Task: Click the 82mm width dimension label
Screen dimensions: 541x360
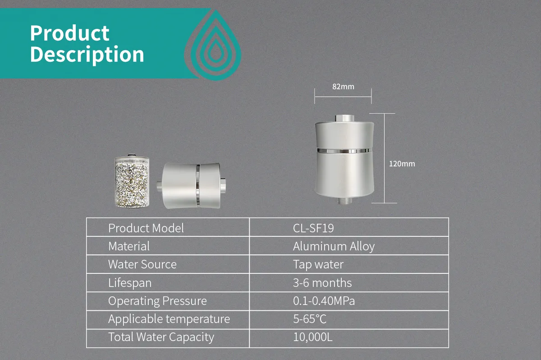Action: pyautogui.click(x=343, y=87)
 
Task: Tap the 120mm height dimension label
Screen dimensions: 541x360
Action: pyautogui.click(x=402, y=164)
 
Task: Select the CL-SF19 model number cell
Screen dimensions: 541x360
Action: pyautogui.click(x=313, y=228)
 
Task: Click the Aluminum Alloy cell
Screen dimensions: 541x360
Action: pyautogui.click(x=334, y=246)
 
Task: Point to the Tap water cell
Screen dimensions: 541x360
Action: pyautogui.click(x=318, y=264)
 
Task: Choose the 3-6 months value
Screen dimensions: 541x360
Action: pyautogui.click(x=322, y=283)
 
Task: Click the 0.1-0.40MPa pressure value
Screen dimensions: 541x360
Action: pyautogui.click(x=324, y=301)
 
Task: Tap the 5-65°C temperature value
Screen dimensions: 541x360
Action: pyautogui.click(x=310, y=319)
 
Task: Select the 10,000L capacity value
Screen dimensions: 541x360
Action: pyautogui.click(x=313, y=337)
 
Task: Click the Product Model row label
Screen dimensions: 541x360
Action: pyautogui.click(x=146, y=228)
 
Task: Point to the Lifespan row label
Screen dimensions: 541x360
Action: pyautogui.click(x=130, y=283)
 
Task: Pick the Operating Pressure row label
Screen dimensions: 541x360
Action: pyautogui.click(x=157, y=301)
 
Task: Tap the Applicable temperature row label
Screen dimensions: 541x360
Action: pyautogui.click(x=169, y=319)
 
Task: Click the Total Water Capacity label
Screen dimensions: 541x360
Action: pyautogui.click(x=161, y=337)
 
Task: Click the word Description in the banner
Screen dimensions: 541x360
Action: pyautogui.click(x=87, y=55)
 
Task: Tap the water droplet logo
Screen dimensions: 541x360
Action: pyautogui.click(x=213, y=46)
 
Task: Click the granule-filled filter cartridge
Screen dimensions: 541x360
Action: pyautogui.click(x=132, y=181)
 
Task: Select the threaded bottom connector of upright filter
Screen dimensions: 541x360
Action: pyautogui.click(x=344, y=200)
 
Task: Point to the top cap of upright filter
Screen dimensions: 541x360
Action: pyautogui.click(x=344, y=118)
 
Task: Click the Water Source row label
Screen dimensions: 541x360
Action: pyautogui.click(x=142, y=264)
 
